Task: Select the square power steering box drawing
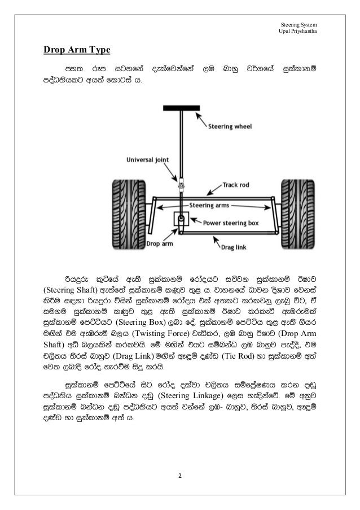click(182, 220)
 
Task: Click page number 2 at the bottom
click(180, 475)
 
